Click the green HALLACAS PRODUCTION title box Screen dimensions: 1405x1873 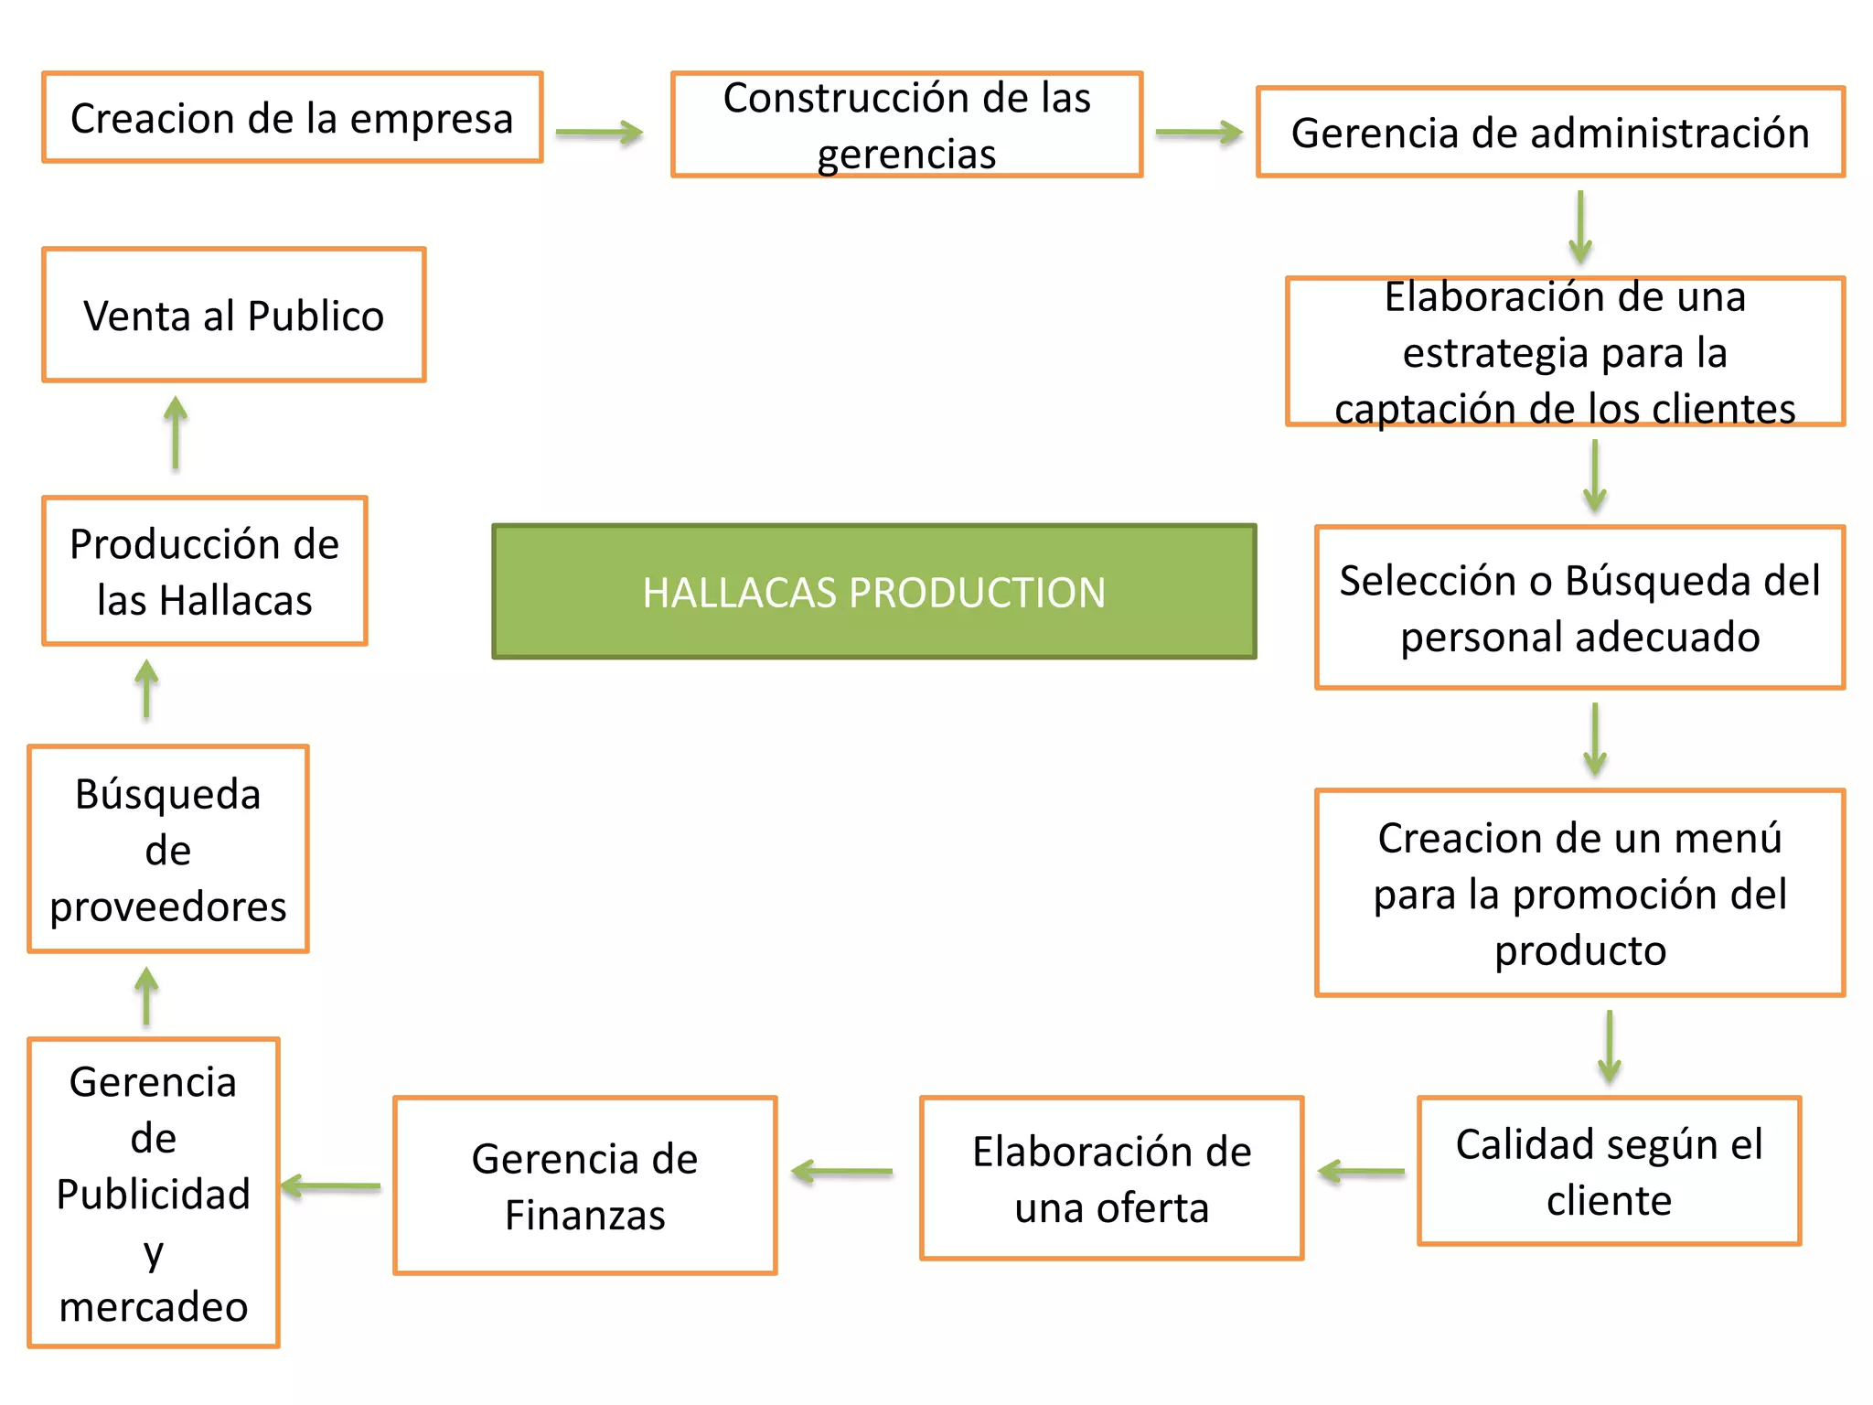tap(873, 592)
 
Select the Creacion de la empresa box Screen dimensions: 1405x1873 tap(293, 118)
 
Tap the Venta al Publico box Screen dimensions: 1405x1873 tap(234, 315)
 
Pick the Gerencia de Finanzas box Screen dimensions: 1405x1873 tap(585, 1185)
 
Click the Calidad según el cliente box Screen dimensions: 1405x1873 tap(1609, 1171)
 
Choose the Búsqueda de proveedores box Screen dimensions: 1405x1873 tap(168, 849)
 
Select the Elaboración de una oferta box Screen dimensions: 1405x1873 tap(1111, 1178)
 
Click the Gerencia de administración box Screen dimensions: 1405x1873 tap(1550, 133)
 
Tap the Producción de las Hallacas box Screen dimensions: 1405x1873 tap(205, 571)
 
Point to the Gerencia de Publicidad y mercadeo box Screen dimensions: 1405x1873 tap(154, 1193)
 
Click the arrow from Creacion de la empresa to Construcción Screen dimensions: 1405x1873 tap(600, 133)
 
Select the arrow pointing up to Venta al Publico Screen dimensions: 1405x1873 tap(176, 432)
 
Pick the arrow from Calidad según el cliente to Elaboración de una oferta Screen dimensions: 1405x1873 tap(1361, 1171)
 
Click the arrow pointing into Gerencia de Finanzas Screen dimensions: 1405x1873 tap(841, 1171)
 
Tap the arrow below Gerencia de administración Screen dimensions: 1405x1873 tap(1579, 227)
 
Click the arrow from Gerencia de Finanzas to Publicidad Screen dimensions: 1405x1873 tap(331, 1186)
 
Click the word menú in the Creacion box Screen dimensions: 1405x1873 tap(1737, 838)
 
